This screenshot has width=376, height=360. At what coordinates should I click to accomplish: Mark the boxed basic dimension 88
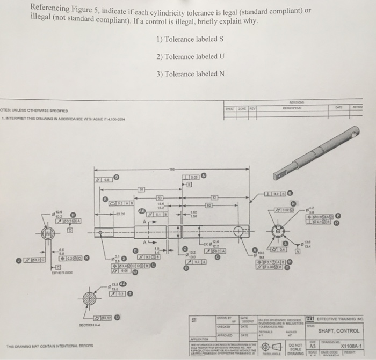141,189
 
